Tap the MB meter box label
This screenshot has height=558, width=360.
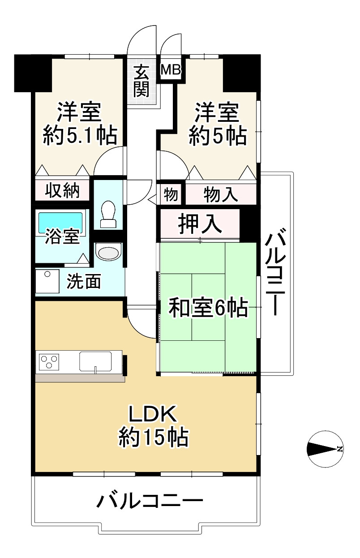click(171, 70)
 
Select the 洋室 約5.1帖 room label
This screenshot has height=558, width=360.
click(80, 123)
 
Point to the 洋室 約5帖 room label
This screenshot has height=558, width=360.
click(217, 123)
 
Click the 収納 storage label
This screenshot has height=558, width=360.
click(63, 190)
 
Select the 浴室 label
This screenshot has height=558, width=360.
click(62, 237)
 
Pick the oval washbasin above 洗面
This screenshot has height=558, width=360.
click(109, 252)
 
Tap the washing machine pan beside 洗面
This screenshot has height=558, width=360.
click(47, 281)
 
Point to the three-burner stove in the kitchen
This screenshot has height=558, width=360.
click(49, 361)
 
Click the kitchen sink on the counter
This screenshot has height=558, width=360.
click(95, 361)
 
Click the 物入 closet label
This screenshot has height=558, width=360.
click(220, 194)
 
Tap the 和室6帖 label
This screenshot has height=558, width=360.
click(208, 308)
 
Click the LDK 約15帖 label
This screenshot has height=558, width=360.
click(153, 426)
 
